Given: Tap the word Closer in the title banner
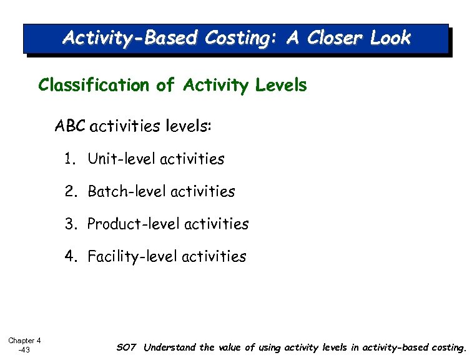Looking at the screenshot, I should pyautogui.click(x=332, y=38).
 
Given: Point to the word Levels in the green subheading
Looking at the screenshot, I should pyautogui.click(x=280, y=86).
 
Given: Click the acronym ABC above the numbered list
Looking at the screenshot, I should pyautogui.click(x=70, y=127).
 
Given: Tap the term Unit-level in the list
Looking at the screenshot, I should pyautogui.click(x=122, y=159).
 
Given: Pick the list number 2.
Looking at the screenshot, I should pyautogui.click(x=70, y=192).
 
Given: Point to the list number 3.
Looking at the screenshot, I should pyautogui.click(x=70, y=224).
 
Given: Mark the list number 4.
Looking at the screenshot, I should pyautogui.click(x=70, y=256).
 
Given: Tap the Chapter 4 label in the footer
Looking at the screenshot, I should pyautogui.click(x=24, y=341).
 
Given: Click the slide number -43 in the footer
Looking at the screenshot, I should pyautogui.click(x=24, y=350).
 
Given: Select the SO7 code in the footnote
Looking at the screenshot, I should pyautogui.click(x=126, y=347).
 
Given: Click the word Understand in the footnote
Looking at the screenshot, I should pyautogui.click(x=170, y=347).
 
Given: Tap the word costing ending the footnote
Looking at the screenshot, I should pyautogui.click(x=446, y=347).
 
